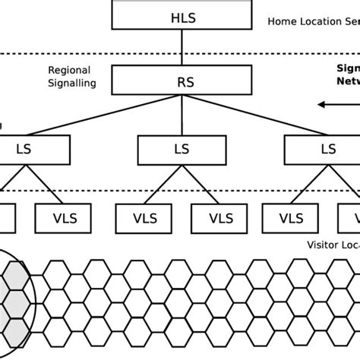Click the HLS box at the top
[182, 15]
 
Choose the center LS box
[182, 149]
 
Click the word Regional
[69, 70]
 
